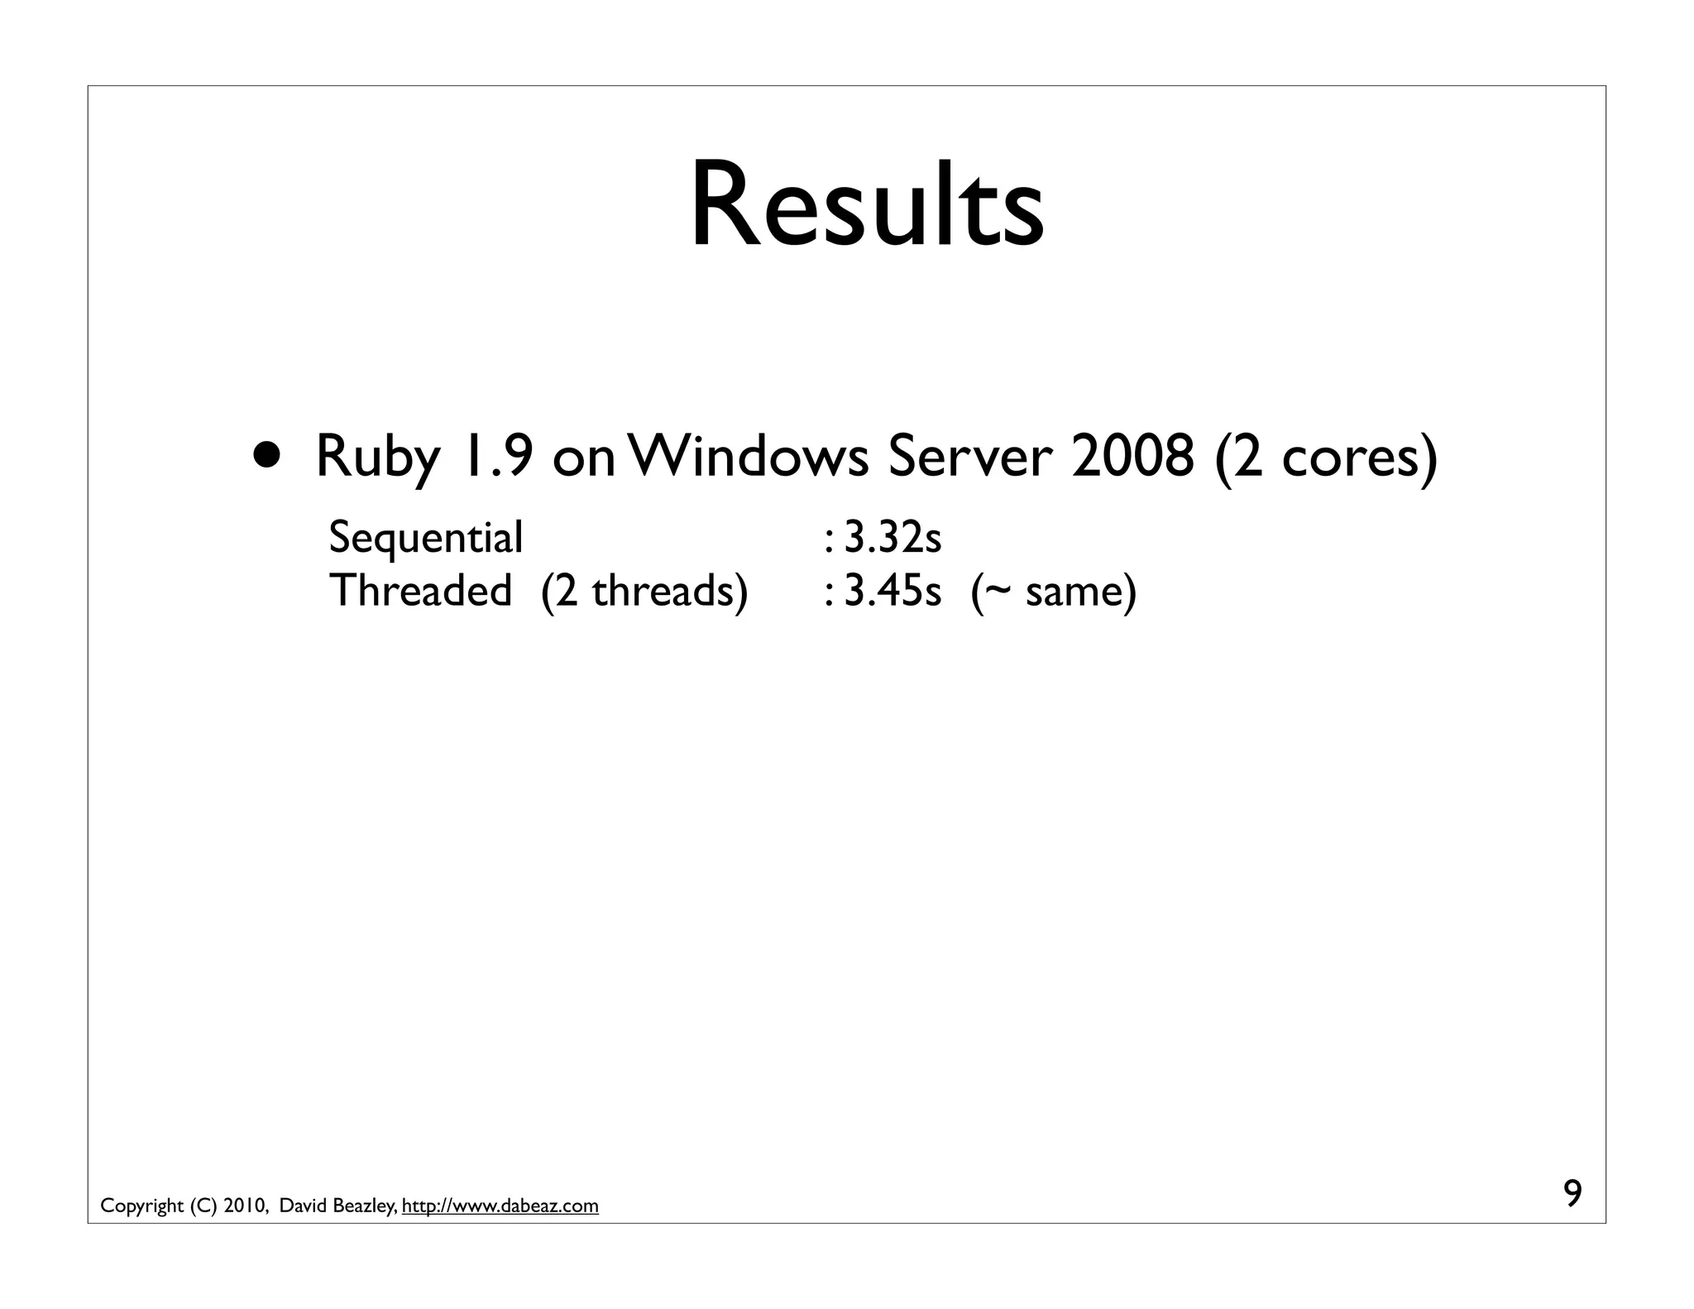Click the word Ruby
pos(378,458)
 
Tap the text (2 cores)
pos(1326,458)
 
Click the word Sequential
pos(426,539)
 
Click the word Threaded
pos(420,591)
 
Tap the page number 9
pos(1572,1194)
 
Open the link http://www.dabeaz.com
pos(500,1206)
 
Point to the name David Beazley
pos(337,1206)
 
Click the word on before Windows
pos(584,458)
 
